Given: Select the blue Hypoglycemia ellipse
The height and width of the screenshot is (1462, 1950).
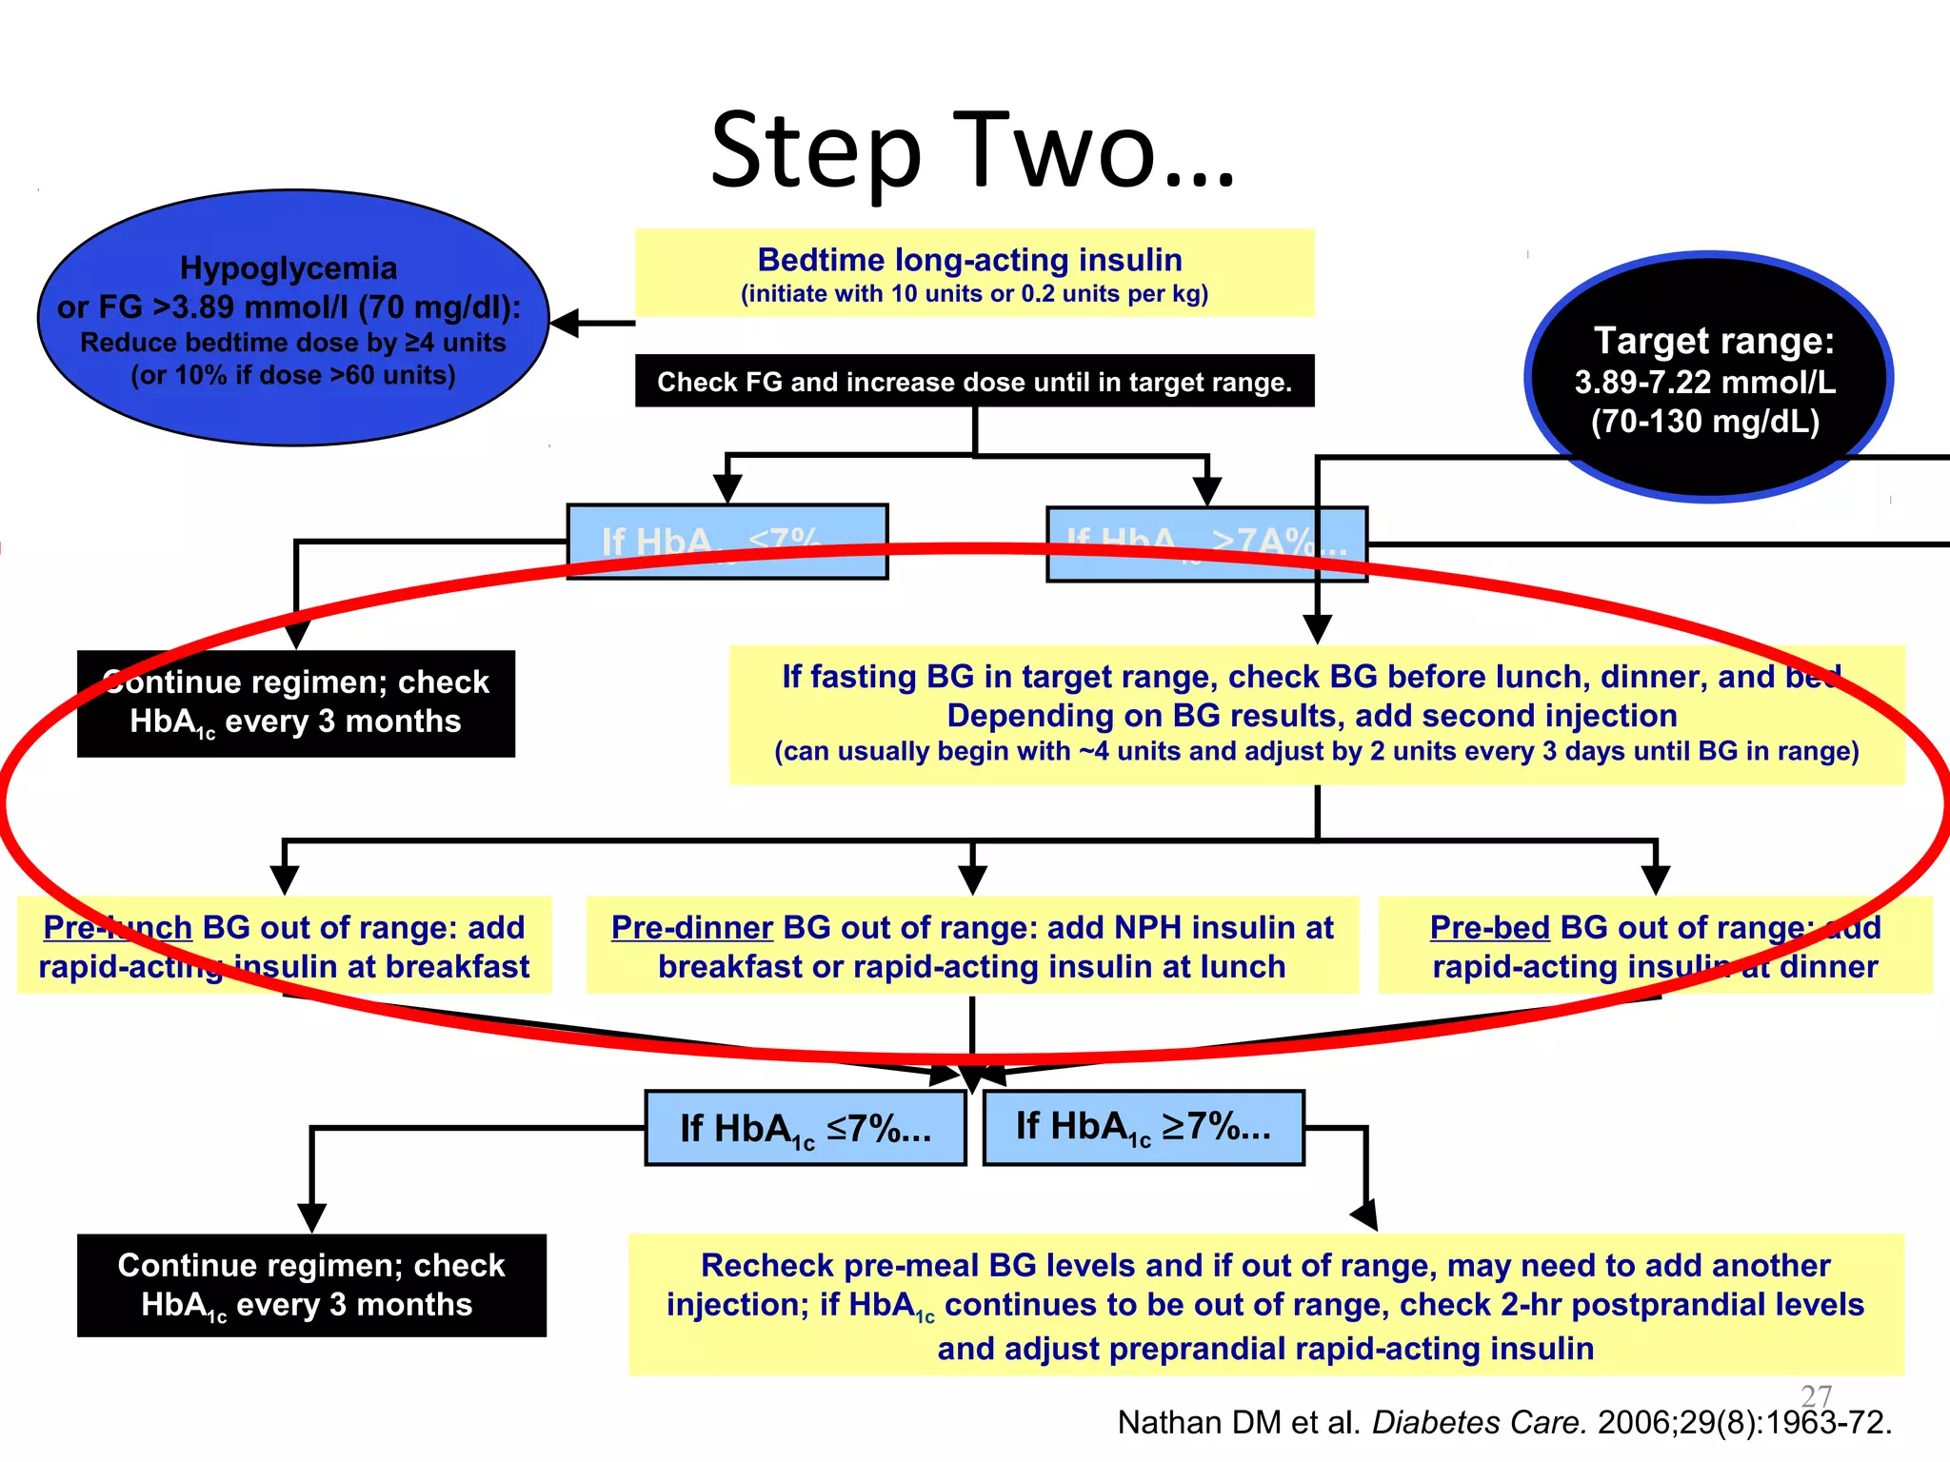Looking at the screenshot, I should [x=292, y=319].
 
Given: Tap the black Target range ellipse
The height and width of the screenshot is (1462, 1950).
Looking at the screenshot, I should [x=1708, y=378].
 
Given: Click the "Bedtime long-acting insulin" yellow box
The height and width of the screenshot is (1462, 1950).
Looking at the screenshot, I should [x=974, y=273].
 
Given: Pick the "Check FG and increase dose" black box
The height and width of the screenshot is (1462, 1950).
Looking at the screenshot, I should [x=974, y=382].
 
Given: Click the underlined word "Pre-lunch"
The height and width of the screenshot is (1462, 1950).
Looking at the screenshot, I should [x=117, y=927].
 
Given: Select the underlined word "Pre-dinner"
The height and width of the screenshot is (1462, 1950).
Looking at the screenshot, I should [x=691, y=927].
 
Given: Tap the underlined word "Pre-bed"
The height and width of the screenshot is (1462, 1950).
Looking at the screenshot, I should [x=1489, y=927].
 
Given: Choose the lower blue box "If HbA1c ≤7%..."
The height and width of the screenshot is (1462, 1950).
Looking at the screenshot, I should [x=806, y=1128].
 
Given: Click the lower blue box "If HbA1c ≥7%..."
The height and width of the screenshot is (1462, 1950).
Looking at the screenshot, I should [x=1143, y=1127].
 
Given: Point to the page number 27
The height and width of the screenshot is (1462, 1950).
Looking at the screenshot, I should [x=1817, y=1395].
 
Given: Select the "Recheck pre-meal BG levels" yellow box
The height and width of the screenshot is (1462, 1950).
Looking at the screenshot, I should [x=1265, y=1305].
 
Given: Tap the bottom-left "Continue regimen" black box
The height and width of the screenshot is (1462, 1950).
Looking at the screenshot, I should [x=311, y=1285].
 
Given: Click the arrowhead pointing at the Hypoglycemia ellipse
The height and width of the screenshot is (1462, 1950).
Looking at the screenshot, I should [x=564, y=323].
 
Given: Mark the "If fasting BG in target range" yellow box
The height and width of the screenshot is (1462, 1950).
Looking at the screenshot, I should [x=1317, y=714].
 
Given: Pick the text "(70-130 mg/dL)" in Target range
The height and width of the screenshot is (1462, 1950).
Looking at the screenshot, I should [x=1705, y=421].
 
